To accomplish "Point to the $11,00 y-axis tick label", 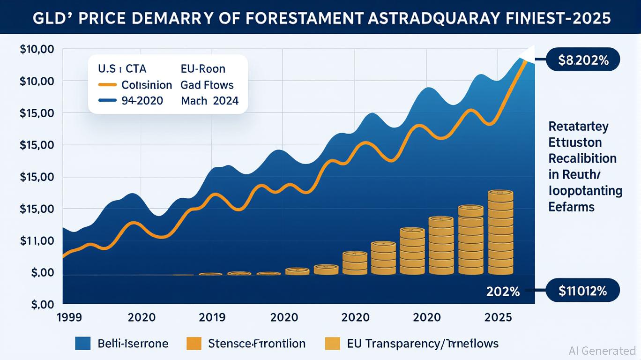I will [37, 241].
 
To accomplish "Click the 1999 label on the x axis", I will [69, 317].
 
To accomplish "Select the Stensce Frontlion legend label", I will [256, 344].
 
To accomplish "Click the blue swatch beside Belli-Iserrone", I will [83, 344].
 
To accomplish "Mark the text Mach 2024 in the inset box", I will [209, 100].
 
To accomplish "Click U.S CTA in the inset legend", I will [122, 69].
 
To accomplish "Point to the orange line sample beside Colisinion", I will [107, 85].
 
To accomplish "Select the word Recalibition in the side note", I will [582, 158].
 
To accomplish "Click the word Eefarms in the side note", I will [571, 207].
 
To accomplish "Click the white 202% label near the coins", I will [503, 292].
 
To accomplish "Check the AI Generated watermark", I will [602, 351].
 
